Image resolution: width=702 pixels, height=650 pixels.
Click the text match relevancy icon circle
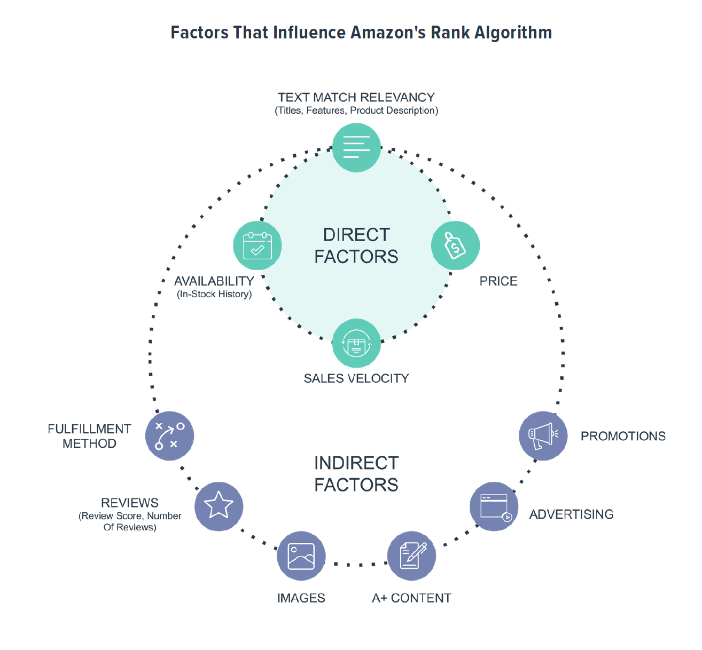(x=356, y=147)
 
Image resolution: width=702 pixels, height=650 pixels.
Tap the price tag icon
(x=455, y=245)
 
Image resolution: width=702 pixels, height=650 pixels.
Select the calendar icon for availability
(x=258, y=245)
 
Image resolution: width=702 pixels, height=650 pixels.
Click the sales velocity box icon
(x=356, y=343)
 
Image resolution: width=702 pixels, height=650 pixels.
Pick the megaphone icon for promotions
(x=543, y=436)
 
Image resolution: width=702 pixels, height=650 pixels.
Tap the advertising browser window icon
(x=494, y=506)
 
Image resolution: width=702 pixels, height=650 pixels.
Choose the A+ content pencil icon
(x=411, y=556)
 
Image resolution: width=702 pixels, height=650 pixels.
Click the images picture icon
(x=301, y=556)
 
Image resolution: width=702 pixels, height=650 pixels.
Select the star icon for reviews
(x=219, y=506)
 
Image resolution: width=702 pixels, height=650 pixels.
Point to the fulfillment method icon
(x=169, y=435)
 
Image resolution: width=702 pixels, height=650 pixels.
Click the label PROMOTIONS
(x=623, y=436)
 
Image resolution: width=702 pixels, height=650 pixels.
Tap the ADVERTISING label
(x=571, y=514)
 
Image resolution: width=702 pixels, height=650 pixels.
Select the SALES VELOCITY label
(x=356, y=378)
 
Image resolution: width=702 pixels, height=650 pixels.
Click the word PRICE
(x=498, y=281)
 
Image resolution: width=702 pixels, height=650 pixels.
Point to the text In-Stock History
(x=214, y=294)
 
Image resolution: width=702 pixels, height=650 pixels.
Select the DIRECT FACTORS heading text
(x=356, y=245)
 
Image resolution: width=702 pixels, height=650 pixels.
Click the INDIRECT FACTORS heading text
(x=356, y=474)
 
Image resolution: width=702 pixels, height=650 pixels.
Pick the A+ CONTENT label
(x=411, y=598)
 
